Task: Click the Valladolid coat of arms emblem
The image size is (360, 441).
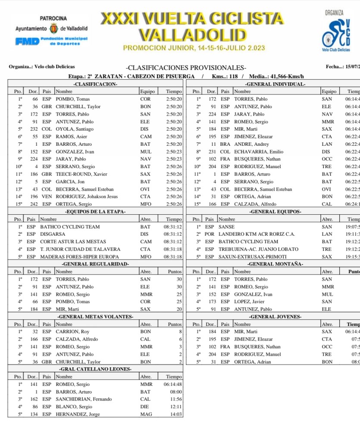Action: (54, 28)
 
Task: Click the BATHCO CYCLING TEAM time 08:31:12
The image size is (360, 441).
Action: (173, 227)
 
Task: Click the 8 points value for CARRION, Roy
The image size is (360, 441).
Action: (180, 332)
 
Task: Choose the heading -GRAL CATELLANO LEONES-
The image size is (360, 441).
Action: (95, 369)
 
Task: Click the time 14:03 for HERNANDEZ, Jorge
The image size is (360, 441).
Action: (176, 414)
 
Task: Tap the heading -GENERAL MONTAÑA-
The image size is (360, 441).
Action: (272, 264)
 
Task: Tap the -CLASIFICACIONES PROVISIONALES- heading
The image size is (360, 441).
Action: (186, 68)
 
